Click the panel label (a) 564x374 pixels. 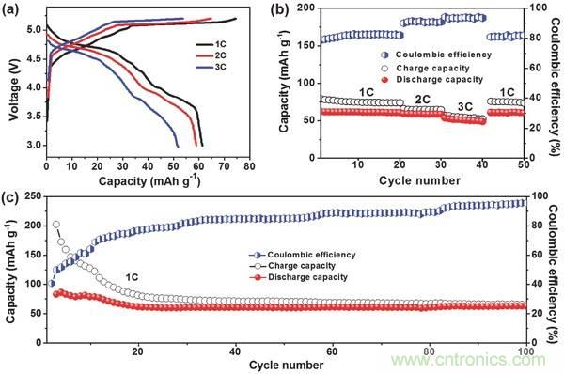[x=9, y=9]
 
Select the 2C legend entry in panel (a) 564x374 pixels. [x=211, y=55]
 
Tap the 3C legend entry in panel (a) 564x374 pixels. [x=211, y=68]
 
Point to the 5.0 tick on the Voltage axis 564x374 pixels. [x=35, y=29]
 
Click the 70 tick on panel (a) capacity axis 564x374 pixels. [x=224, y=166]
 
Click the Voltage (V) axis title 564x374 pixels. [x=14, y=87]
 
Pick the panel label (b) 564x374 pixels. [x=279, y=9]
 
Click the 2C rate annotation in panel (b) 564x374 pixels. [x=422, y=100]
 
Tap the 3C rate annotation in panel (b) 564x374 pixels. [x=464, y=106]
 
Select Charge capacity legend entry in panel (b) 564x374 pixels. [x=426, y=68]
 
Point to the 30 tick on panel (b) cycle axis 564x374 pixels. [x=441, y=165]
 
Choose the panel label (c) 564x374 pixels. [x=9, y=199]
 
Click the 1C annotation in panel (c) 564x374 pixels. [x=132, y=277]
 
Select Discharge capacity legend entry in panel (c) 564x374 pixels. [x=299, y=277]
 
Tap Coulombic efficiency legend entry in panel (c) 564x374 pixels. [x=303, y=255]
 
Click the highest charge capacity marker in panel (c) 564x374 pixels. [x=56, y=225]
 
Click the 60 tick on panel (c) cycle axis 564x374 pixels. [x=333, y=351]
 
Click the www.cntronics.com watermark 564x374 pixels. [x=468, y=359]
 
